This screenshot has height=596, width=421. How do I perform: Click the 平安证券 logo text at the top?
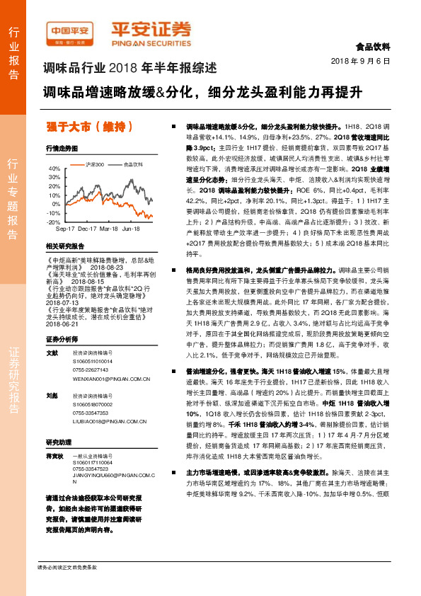151,30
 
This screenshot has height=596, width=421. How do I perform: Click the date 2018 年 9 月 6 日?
361,62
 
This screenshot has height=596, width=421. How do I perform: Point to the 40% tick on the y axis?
54,168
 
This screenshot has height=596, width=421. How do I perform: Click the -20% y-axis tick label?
53,222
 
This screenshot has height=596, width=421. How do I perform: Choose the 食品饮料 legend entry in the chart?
132,164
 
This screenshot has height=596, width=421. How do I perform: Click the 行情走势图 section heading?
61,149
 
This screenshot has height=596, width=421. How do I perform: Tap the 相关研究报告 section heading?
64,246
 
